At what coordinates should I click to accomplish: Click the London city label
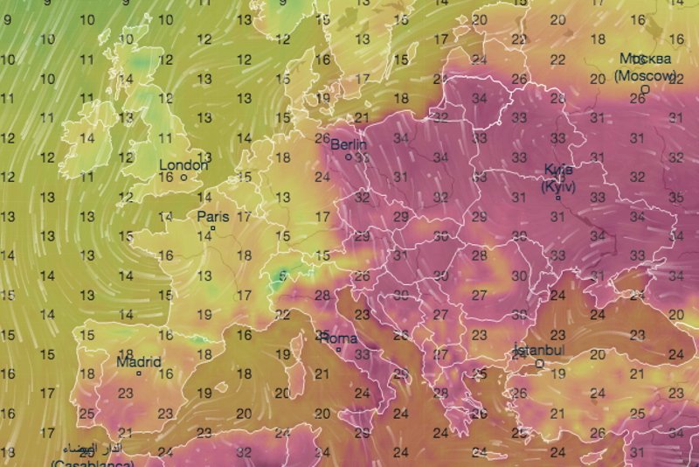183,164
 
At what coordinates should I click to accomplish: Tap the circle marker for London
183,178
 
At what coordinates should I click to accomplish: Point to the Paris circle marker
212,229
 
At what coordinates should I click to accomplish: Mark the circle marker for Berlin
348,157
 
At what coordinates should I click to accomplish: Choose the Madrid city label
138,362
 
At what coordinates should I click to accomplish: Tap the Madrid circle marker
138,373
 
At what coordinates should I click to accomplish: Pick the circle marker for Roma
338,351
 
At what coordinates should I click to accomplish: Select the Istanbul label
539,351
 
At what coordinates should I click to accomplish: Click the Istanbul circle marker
539,363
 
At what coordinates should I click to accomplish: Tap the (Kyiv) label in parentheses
557,185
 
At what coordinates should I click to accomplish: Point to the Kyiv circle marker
557,197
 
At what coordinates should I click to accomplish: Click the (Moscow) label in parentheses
645,76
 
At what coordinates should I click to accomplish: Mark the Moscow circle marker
645,88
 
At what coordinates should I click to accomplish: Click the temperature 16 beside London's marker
166,178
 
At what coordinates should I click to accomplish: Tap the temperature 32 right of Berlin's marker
362,158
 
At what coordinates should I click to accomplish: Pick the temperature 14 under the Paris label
203,234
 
